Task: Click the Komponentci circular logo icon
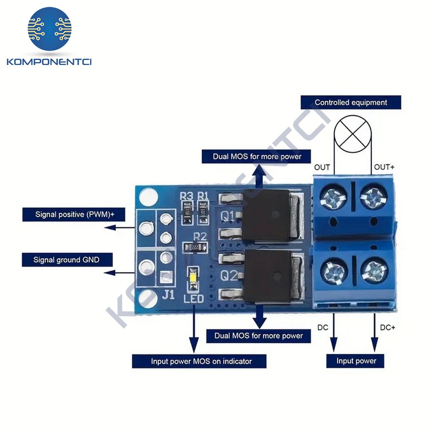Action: pos(50,28)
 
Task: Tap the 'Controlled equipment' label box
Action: pos(350,102)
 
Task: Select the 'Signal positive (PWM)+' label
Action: pos(73,215)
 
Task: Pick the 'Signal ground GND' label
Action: pos(67,260)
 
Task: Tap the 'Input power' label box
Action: pos(356,361)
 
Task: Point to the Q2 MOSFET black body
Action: pos(267,277)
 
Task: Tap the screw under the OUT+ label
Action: pos(374,196)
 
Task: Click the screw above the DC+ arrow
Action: pos(374,271)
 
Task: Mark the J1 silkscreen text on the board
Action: pos(168,294)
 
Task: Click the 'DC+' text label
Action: pos(387,328)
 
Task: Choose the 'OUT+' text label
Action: pos(384,167)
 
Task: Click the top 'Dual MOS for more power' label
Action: pos(257,156)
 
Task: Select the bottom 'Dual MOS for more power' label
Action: pos(258,336)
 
